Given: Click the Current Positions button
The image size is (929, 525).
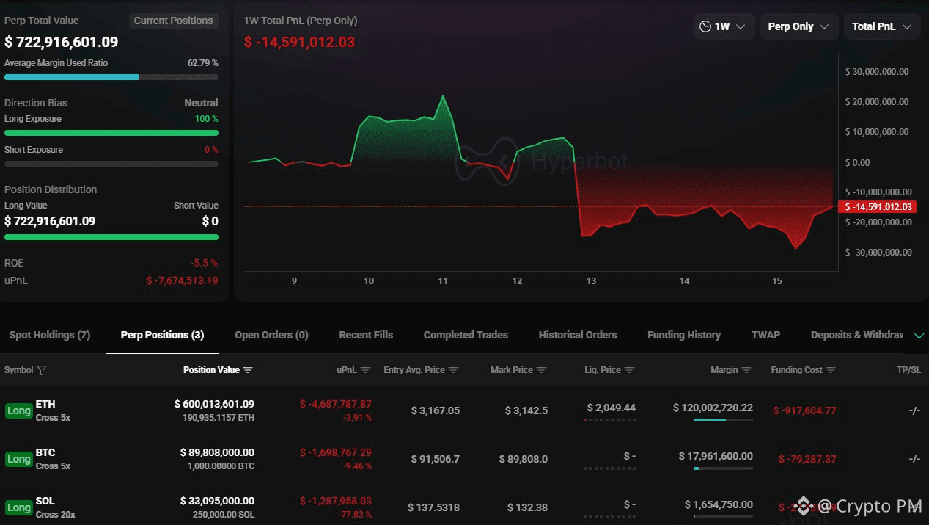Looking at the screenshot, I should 173,21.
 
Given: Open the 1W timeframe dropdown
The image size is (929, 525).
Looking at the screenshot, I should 723,26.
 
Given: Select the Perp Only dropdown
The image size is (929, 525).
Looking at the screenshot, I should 798,26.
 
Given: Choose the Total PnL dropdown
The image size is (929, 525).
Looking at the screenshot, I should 881,26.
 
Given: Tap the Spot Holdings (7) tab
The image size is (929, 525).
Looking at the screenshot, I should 49,335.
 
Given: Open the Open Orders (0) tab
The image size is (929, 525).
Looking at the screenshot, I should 271,335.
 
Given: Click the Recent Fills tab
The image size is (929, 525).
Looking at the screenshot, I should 366,335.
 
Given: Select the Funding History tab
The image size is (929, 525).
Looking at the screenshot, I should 683,335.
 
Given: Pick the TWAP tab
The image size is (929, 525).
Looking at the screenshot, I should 765,335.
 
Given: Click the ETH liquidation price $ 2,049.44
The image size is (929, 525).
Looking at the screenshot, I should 611,408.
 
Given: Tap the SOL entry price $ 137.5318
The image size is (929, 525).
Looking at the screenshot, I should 433,507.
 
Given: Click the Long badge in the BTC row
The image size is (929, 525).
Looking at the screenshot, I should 18,459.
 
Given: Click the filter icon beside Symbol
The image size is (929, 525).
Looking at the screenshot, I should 42,370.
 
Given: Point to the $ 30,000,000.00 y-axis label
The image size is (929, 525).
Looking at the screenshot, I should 877,72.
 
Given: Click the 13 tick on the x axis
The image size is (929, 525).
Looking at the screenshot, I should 591,281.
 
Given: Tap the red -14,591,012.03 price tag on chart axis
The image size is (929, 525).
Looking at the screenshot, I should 877,207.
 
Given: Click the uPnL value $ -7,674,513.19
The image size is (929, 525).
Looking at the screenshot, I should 182,280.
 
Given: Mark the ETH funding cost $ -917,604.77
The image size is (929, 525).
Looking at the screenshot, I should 804,410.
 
